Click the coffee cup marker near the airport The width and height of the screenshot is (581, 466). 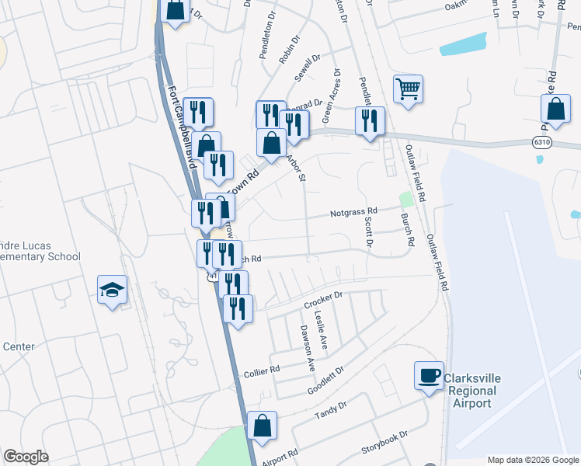(x=428, y=377)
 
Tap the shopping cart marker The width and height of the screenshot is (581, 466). (x=408, y=89)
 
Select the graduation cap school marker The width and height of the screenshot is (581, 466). (x=113, y=290)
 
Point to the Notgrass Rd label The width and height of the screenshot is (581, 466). (x=353, y=211)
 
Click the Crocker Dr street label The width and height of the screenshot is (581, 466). (x=323, y=300)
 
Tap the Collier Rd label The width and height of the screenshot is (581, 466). (x=263, y=370)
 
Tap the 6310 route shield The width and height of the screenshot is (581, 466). (x=543, y=143)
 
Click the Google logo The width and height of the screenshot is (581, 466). (x=26, y=457)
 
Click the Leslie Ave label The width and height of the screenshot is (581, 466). (x=321, y=329)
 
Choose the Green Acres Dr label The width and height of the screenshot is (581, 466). (x=332, y=96)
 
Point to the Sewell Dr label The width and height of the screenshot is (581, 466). (x=307, y=68)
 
